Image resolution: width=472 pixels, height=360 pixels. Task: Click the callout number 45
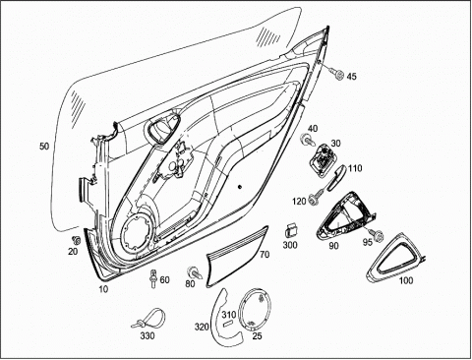click(x=351, y=77)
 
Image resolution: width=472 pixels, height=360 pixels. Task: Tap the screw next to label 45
click(x=336, y=74)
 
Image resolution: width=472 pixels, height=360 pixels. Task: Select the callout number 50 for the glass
click(x=44, y=146)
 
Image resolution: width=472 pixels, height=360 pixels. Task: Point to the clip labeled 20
click(x=77, y=240)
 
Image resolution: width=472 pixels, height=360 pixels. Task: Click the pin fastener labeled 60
click(x=152, y=278)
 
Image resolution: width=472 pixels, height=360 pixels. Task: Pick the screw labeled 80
click(x=195, y=272)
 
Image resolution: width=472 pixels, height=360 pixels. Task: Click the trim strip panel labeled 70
click(x=237, y=257)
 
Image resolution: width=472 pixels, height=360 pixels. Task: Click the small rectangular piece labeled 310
click(x=228, y=324)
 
